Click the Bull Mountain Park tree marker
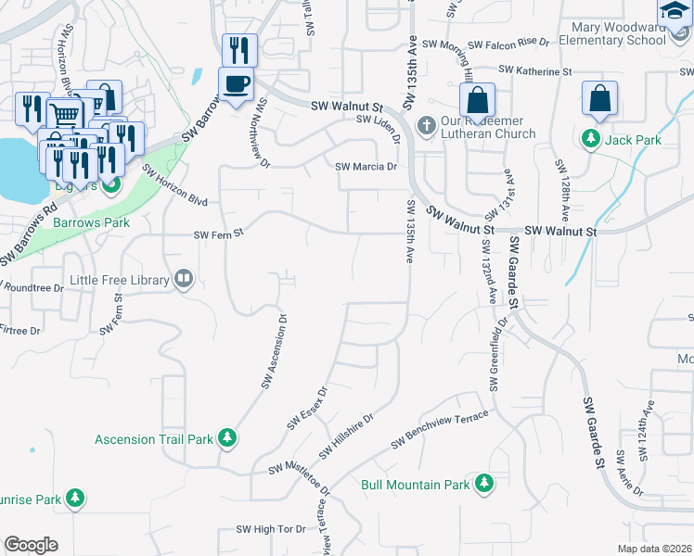(483, 484)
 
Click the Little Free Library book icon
(184, 279)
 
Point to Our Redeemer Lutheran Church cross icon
(427, 125)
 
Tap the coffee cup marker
(236, 83)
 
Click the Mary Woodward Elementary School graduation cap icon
(674, 9)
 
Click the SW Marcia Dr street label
(366, 168)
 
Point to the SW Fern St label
(217, 235)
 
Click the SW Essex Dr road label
(307, 409)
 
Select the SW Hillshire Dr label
(345, 436)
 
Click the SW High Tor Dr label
(271, 529)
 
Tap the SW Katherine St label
(534, 70)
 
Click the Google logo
(32, 545)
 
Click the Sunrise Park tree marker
(75, 499)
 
